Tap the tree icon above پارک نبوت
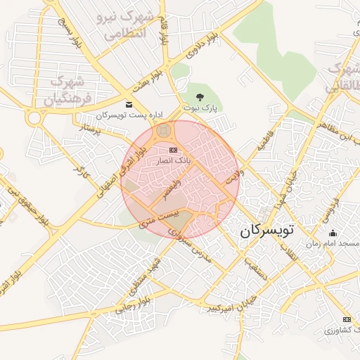coord(200,97)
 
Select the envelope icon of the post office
coord(128,105)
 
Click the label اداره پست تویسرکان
coord(129,115)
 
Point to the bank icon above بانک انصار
coord(173,150)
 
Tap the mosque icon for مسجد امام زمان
coord(333,233)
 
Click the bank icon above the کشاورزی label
coord(347,319)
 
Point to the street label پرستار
coord(96,129)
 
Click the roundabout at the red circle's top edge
coord(165,131)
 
